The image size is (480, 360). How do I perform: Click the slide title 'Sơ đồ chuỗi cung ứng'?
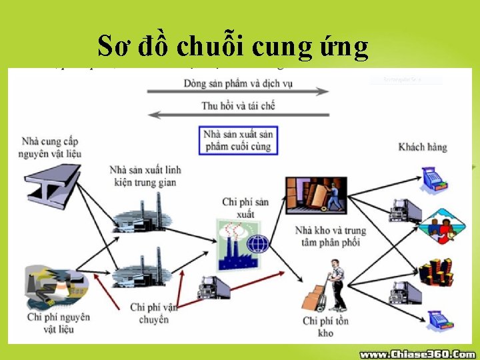click(x=233, y=46)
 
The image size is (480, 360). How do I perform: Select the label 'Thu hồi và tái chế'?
click(x=238, y=105)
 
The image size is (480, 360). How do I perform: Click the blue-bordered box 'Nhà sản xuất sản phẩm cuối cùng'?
click(x=238, y=140)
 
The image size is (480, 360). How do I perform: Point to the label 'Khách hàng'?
click(x=423, y=147)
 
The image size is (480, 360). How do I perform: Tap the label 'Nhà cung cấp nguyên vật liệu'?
click(x=50, y=147)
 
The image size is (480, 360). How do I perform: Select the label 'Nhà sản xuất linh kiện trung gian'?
click(x=145, y=176)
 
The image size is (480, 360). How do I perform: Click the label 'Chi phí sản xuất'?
click(x=245, y=207)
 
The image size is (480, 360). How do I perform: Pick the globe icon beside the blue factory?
click(x=258, y=243)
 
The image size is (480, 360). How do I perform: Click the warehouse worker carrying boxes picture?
click(x=316, y=195)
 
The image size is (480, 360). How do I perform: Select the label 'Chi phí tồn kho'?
click(x=327, y=327)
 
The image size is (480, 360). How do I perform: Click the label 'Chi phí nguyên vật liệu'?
click(x=59, y=323)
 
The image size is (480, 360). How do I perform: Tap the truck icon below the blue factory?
click(x=214, y=287)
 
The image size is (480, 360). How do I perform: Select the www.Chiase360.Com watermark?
click(x=418, y=354)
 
